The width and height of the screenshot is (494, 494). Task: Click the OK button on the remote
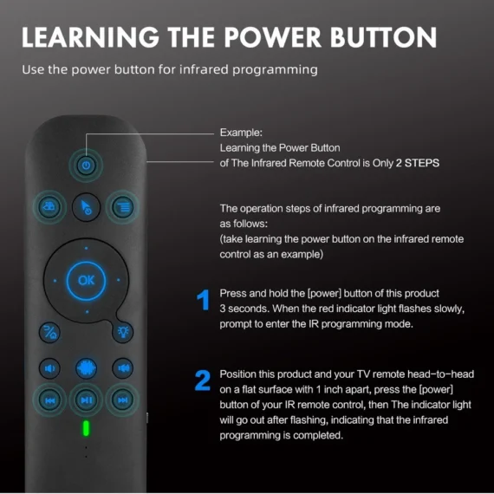(86, 280)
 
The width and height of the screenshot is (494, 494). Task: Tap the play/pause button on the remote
(86, 400)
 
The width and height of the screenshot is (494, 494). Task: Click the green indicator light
(86, 428)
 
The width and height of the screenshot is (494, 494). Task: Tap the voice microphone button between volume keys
(86, 367)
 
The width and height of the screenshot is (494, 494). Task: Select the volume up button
(122, 367)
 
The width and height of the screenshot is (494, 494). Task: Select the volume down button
(50, 367)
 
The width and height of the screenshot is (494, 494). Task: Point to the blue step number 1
(203, 301)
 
